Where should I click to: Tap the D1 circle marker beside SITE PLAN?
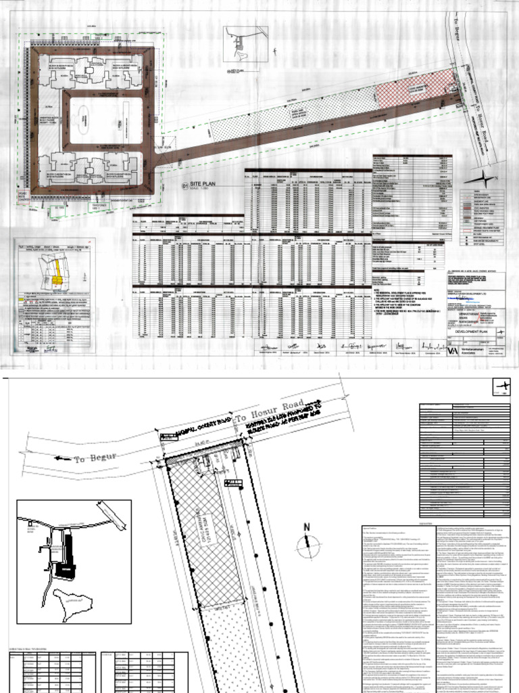pos(184,184)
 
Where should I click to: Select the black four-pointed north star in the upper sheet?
pos(486,179)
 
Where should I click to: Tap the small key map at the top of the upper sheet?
pos(246,44)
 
